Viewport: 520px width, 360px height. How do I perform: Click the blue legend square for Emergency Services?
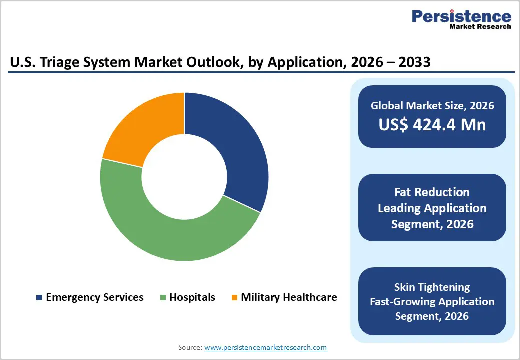coord(39,298)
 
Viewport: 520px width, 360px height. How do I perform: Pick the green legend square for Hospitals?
coord(163,298)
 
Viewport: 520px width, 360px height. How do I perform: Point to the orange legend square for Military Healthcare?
coord(234,298)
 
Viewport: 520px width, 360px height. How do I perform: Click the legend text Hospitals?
coord(192,297)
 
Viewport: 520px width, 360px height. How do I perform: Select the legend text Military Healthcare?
coord(289,297)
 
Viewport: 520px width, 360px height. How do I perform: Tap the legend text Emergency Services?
coord(95,297)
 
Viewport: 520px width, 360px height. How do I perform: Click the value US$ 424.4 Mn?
coord(432,124)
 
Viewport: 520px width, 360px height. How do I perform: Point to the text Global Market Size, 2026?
coord(432,105)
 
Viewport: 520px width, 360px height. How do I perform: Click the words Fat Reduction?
coord(432,192)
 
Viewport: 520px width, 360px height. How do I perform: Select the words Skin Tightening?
coord(432,287)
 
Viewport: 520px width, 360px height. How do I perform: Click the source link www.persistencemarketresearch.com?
coord(265,347)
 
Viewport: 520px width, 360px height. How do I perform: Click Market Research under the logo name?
coord(480,26)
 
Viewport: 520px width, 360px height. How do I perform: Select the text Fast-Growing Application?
coord(432,302)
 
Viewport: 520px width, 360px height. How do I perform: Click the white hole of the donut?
coord(184,176)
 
